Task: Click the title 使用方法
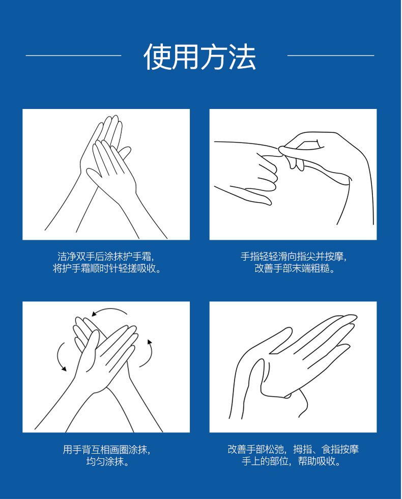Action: click(199, 57)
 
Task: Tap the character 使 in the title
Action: click(157, 57)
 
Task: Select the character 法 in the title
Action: click(242, 57)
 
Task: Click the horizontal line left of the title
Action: click(73, 56)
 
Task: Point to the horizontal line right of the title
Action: click(331, 56)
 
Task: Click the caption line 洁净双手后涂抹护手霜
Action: click(106, 256)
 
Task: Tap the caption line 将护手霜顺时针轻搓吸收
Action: click(107, 268)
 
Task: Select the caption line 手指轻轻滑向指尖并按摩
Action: click(293, 256)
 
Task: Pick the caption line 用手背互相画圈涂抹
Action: click(106, 449)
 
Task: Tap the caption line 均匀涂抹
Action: click(107, 461)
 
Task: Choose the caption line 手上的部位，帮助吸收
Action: click(291, 461)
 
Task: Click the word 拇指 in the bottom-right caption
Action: click(302, 449)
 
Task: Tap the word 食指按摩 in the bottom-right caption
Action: click(340, 449)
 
